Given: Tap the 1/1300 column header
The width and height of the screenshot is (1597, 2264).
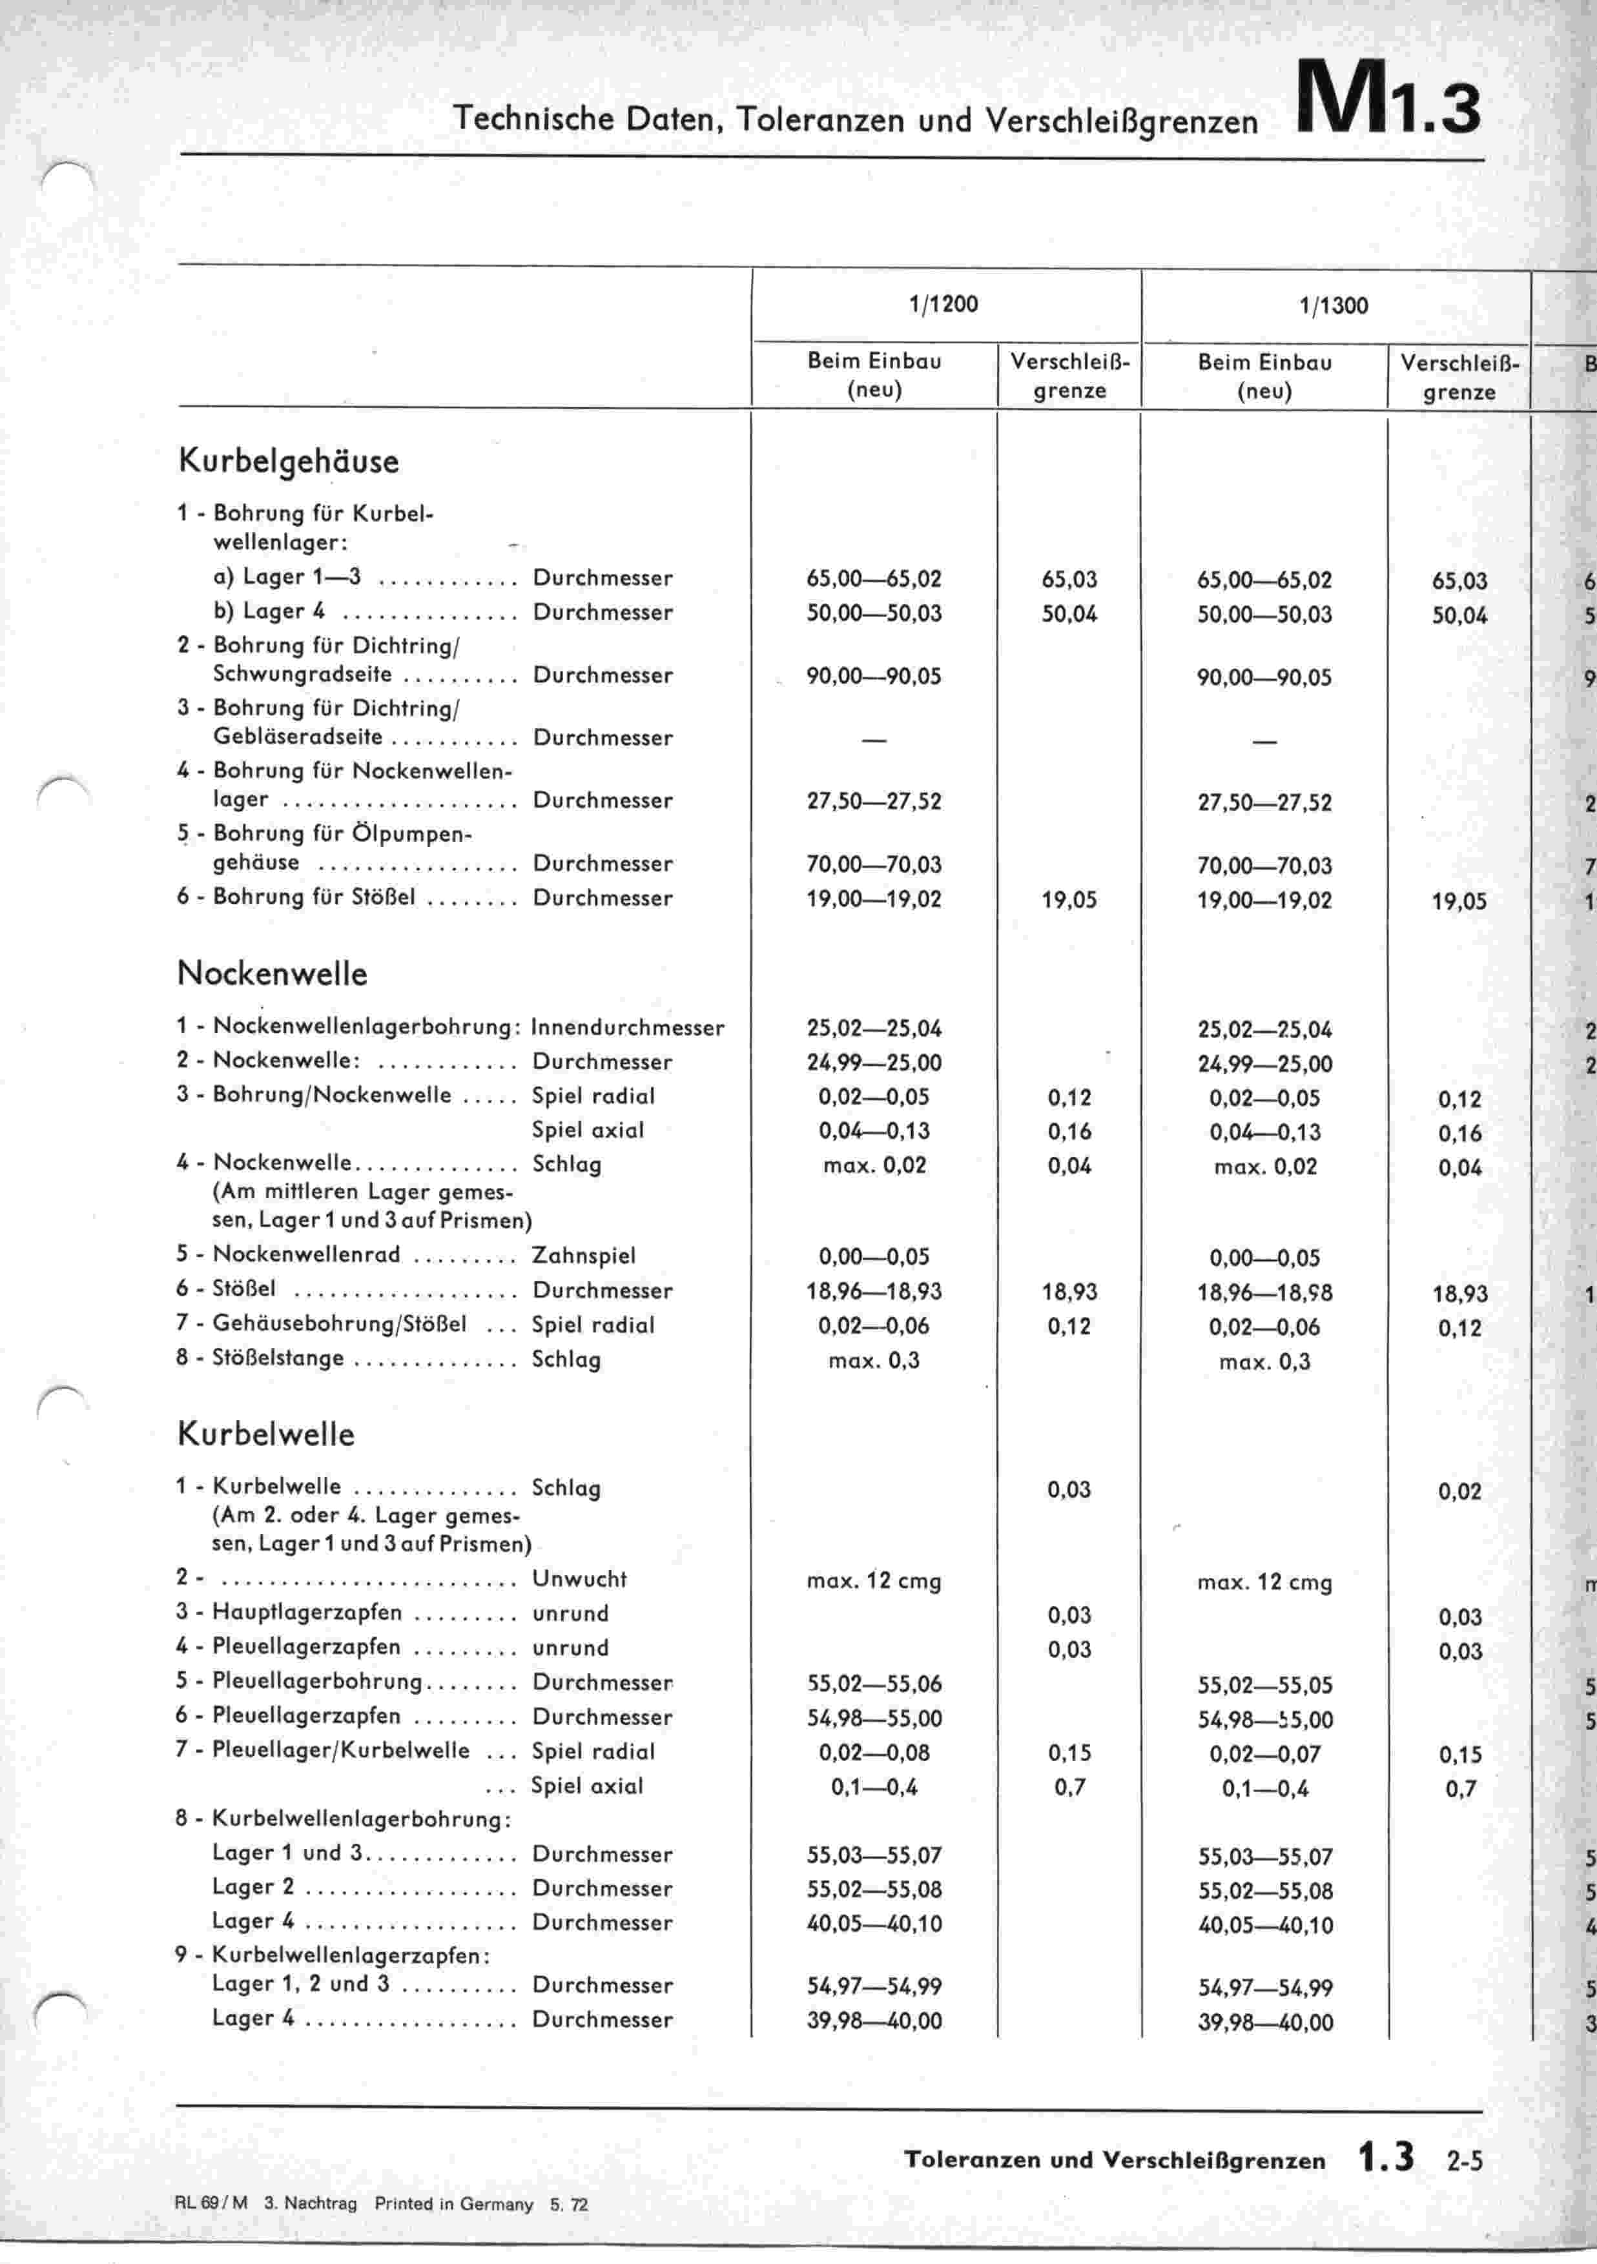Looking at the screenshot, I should [1334, 306].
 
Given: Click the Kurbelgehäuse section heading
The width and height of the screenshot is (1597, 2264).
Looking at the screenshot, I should [288, 462].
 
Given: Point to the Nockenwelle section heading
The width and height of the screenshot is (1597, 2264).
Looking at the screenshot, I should [273, 974].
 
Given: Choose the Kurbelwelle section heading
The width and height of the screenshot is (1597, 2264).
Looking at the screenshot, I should [265, 1434].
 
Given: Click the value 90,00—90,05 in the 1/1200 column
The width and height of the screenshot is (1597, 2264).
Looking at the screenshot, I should [874, 677].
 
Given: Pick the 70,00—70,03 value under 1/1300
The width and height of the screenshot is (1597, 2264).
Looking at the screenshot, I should [1264, 866].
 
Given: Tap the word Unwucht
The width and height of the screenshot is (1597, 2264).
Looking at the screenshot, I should [579, 1578].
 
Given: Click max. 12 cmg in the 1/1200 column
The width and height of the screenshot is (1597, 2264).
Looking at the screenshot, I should [874, 1580].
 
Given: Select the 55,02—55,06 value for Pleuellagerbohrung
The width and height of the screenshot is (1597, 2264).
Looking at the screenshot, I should [874, 1683].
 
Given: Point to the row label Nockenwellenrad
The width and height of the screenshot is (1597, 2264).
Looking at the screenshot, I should [307, 1254].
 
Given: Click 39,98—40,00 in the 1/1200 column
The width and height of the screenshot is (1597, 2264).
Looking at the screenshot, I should [874, 2021].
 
